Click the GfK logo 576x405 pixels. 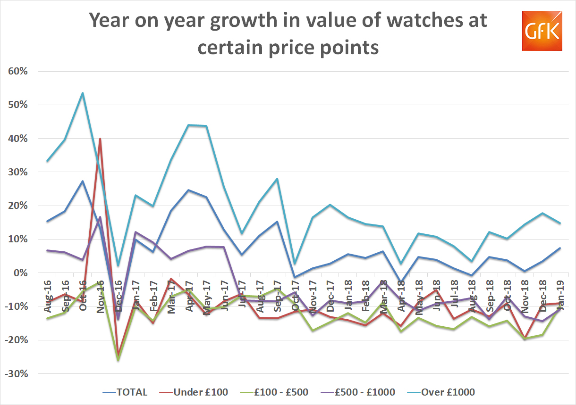542,31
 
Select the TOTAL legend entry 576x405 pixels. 126,392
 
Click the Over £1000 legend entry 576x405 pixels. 441,392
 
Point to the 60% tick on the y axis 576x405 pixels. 18,71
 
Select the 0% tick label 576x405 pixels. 21,273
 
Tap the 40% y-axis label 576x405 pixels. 18,139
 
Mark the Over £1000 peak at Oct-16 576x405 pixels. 83,93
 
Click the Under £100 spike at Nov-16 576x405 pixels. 100,139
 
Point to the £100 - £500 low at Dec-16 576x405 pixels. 118,361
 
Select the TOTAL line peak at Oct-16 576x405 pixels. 83,181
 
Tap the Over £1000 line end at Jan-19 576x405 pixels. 560,223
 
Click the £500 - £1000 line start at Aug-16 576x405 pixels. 48,250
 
